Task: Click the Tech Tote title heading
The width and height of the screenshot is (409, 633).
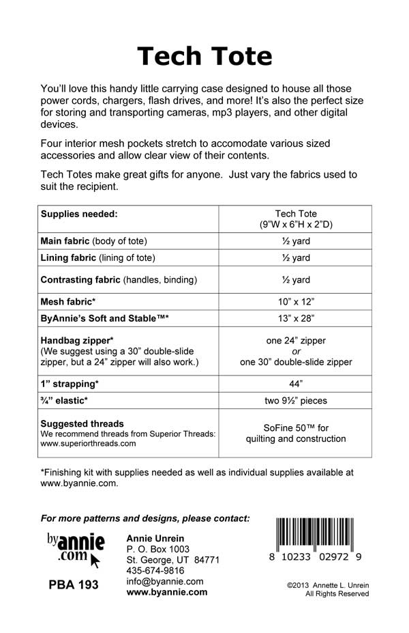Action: (x=204, y=56)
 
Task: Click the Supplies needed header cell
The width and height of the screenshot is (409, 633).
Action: (x=80, y=214)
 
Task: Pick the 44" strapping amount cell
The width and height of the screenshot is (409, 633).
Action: (x=295, y=384)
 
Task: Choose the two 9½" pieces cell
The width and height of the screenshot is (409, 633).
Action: (x=295, y=401)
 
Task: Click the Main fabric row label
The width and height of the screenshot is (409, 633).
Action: (x=94, y=241)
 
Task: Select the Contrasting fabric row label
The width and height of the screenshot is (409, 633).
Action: (x=119, y=279)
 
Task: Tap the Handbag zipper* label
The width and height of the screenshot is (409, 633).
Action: (x=77, y=340)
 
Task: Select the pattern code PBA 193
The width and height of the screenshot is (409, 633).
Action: (x=74, y=585)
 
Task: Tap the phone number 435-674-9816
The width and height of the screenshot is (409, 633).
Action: (x=155, y=570)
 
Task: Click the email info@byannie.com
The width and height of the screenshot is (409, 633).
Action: (x=165, y=581)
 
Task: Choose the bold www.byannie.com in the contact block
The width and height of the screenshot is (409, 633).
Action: (x=167, y=592)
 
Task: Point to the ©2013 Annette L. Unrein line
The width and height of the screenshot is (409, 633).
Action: (x=328, y=585)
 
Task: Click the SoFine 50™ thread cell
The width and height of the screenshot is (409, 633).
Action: (x=295, y=433)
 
